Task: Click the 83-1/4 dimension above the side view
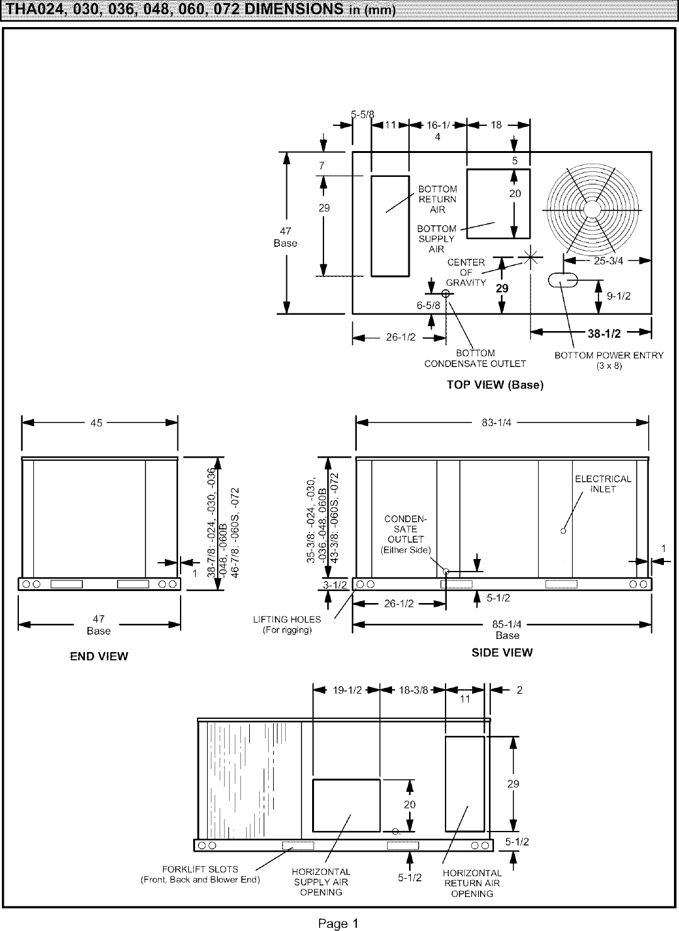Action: tap(497, 423)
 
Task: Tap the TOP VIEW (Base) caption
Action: tap(495, 385)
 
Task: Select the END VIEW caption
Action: tap(99, 657)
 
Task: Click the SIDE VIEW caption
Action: tap(502, 653)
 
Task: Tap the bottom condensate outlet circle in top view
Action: tap(446, 293)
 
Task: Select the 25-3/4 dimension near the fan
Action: tap(607, 261)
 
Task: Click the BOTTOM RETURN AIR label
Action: tap(437, 199)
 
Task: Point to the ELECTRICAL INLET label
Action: tap(603, 483)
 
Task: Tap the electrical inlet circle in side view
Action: tap(563, 531)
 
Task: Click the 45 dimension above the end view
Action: tap(96, 423)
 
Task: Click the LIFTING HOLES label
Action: tap(287, 624)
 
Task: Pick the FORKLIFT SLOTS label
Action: tap(200, 874)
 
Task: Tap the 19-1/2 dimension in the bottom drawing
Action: tap(346, 690)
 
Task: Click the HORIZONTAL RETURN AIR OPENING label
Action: tap(472, 883)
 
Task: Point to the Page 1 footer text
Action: tap(338, 923)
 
